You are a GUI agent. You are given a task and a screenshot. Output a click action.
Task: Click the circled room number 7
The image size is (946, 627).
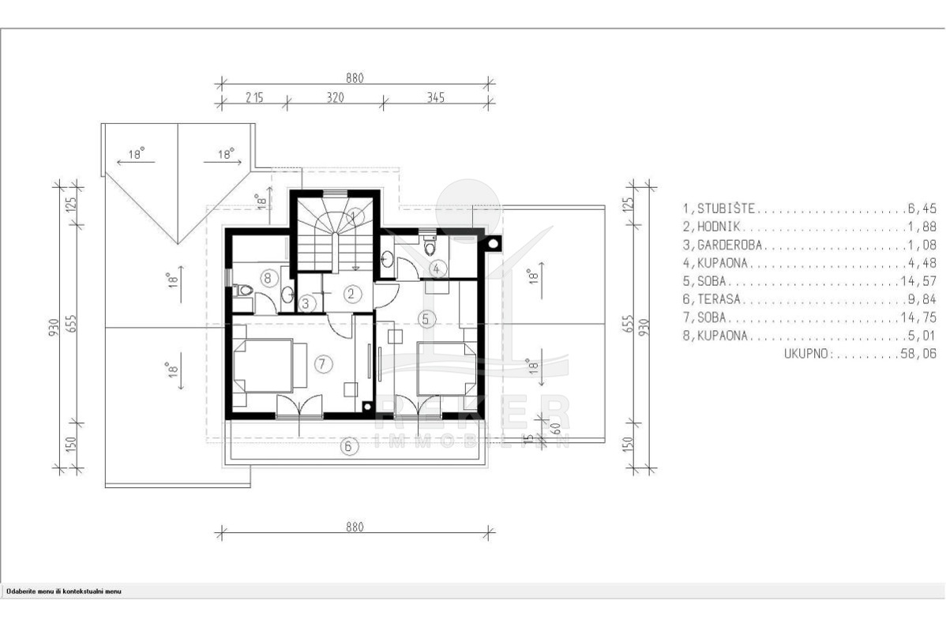[324, 364]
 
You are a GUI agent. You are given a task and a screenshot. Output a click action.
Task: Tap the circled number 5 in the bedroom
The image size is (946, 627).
[426, 318]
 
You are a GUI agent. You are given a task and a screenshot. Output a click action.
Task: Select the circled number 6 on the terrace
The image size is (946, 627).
[348, 447]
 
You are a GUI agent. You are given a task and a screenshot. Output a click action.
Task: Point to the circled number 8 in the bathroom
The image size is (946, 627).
[268, 278]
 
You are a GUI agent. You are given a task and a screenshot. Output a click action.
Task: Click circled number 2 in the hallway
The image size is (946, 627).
[351, 294]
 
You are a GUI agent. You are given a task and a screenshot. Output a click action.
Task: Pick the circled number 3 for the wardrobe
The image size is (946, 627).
[306, 303]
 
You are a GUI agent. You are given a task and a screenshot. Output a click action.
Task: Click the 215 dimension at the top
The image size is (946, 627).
[254, 97]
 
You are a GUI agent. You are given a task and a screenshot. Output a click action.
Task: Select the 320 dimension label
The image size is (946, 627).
[335, 97]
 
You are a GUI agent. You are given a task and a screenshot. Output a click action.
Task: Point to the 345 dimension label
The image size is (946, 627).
[435, 97]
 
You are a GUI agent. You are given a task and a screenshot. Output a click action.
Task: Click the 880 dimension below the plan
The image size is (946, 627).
[355, 527]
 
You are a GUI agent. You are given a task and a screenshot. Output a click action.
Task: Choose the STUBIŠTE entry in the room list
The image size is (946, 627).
[726, 208]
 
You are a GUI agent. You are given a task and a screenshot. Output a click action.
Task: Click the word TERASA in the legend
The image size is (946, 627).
[719, 298]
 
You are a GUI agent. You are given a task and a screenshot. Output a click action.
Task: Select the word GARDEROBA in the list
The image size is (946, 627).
[730, 245]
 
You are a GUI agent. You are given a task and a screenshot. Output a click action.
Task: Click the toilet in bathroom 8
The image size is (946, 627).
[243, 291]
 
